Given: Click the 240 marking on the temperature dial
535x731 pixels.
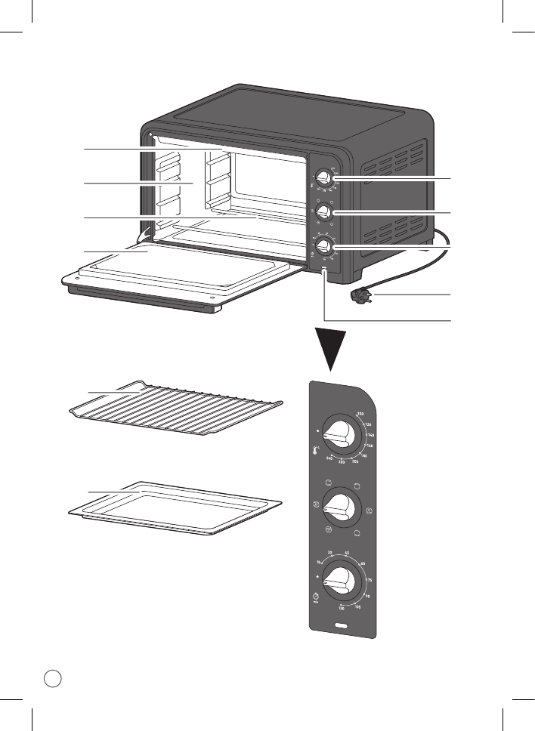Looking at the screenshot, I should click(x=329, y=458).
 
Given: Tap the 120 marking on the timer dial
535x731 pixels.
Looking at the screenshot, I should click(x=342, y=607).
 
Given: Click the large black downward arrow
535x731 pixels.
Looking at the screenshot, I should click(x=331, y=349).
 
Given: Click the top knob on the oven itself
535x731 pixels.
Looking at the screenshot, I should click(x=323, y=179).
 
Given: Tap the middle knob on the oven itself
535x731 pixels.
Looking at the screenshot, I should click(x=323, y=211).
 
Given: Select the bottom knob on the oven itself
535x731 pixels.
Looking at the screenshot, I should click(x=323, y=245).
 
